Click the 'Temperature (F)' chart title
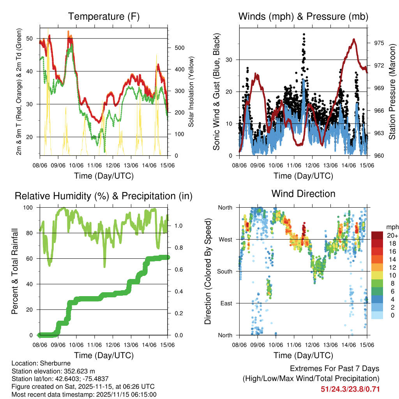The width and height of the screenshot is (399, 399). pyautogui.click(x=104, y=17)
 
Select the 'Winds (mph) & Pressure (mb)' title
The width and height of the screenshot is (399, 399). pyautogui.click(x=303, y=17)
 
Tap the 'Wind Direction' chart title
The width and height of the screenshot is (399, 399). pyautogui.click(x=303, y=194)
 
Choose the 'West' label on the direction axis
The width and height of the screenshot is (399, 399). pyautogui.click(x=225, y=239)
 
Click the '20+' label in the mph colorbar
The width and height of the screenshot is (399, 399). pyautogui.click(x=392, y=235)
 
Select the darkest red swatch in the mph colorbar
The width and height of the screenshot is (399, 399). pyautogui.click(x=377, y=235)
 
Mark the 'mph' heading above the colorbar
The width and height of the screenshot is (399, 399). pyautogui.click(x=392, y=227)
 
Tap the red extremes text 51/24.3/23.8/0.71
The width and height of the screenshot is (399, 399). pyautogui.click(x=350, y=389)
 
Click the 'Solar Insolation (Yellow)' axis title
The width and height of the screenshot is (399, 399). pyautogui.click(x=191, y=92)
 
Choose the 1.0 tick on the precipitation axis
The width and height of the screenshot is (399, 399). pyautogui.click(x=178, y=226)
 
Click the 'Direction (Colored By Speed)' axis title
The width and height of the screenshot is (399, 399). pyautogui.click(x=208, y=271)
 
